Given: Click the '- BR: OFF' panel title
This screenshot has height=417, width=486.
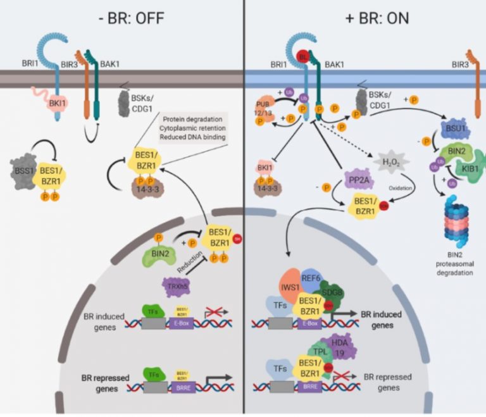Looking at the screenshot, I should point(121,17).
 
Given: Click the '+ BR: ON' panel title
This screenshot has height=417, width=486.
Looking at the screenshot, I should point(365,17).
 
